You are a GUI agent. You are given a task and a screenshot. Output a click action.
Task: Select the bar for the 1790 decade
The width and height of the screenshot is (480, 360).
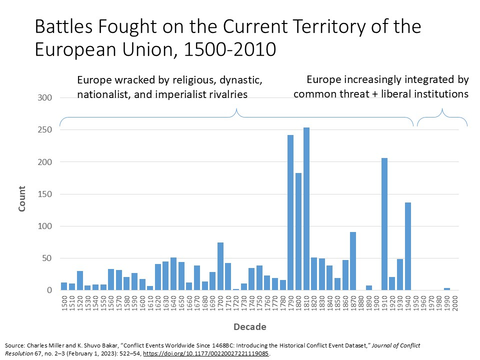point(290,212)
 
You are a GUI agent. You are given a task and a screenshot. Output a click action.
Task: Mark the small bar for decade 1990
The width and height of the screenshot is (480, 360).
point(447,289)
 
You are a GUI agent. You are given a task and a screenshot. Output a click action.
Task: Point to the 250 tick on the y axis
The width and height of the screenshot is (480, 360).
point(45,130)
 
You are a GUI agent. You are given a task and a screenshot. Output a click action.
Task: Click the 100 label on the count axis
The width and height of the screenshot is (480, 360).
point(45,226)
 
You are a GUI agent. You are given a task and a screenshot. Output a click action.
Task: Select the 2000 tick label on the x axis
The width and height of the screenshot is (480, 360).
point(455,304)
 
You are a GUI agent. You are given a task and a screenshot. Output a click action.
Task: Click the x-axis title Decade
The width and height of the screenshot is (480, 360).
point(249,327)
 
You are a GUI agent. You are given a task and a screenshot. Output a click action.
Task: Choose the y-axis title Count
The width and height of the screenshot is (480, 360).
point(22,199)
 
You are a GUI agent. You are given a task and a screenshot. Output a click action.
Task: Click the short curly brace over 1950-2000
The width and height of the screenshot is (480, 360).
point(442,117)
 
